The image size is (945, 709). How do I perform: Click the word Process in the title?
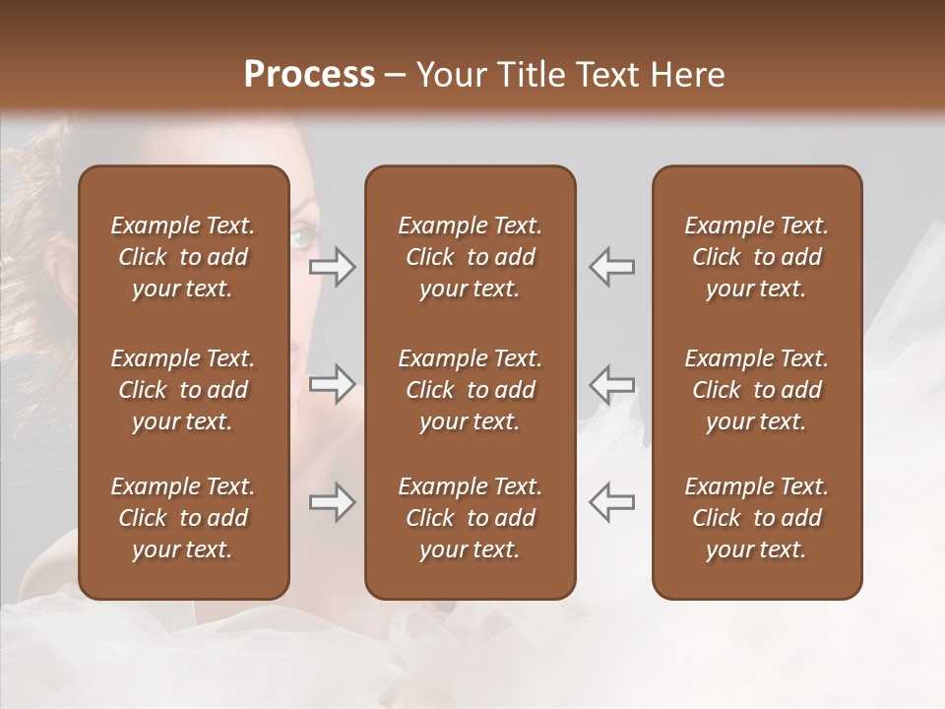[309, 74]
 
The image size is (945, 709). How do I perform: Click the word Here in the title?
[687, 74]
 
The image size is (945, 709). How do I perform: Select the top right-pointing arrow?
[332, 267]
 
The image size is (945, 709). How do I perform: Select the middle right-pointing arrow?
[332, 384]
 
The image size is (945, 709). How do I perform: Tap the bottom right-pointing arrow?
[332, 502]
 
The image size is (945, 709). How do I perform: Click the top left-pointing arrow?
[612, 267]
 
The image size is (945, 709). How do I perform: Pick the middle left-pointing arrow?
[612, 384]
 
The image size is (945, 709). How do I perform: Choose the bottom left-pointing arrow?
[612, 502]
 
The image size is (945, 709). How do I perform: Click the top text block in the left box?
[183, 257]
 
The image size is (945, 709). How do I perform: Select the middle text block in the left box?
[183, 390]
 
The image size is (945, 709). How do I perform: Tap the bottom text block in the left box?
[183, 518]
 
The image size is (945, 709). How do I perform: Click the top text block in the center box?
[470, 257]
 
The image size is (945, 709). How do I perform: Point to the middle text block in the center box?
[470, 390]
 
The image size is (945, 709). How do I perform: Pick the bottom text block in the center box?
[470, 518]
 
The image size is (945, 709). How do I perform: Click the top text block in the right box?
[756, 257]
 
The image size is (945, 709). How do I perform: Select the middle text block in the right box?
[756, 390]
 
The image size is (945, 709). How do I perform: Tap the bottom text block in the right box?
[756, 518]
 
